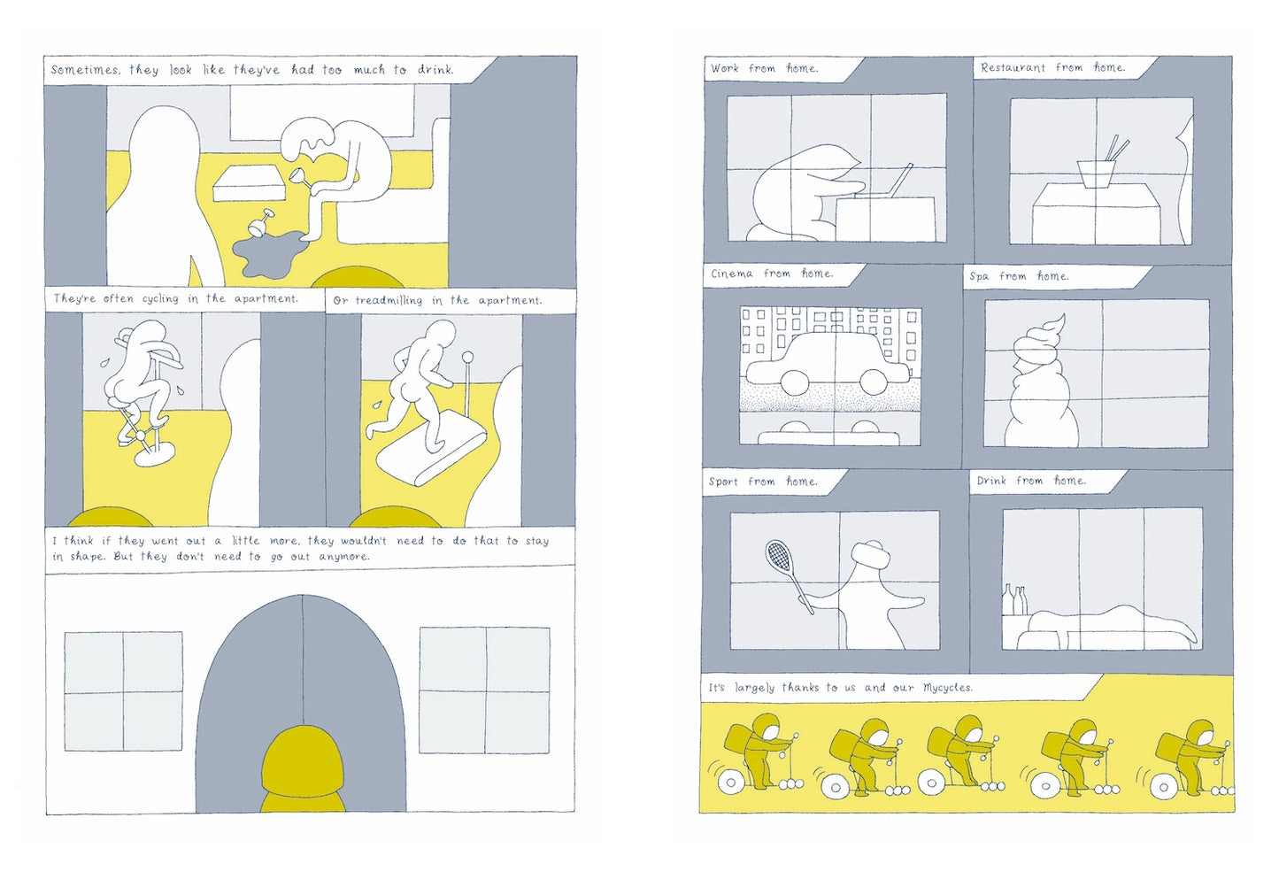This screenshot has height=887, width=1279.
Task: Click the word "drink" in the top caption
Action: pos(435,70)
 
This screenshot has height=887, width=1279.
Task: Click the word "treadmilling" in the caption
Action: pos(389,301)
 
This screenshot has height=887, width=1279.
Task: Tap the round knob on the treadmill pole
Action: pos(467,358)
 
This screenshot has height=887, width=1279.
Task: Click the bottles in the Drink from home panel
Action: pos(1014,599)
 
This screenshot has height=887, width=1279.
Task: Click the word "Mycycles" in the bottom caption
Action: pos(947,688)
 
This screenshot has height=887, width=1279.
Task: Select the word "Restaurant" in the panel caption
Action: pos(1013,67)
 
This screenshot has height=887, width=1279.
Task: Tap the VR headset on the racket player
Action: pos(869,553)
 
